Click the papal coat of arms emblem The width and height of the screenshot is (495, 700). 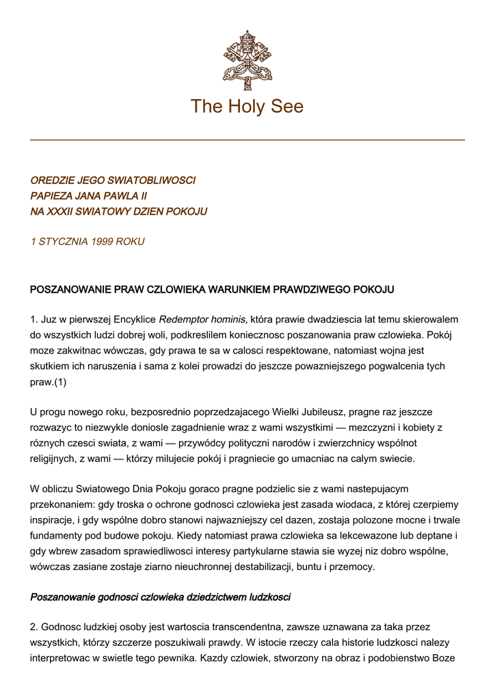(x=247, y=56)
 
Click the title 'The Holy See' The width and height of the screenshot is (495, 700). (x=247, y=107)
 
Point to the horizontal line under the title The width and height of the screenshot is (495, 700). (x=247, y=140)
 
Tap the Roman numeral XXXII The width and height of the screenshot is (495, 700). (x=62, y=212)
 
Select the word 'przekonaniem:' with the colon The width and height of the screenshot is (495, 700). (x=63, y=504)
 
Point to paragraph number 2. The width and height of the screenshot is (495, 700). (x=34, y=627)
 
